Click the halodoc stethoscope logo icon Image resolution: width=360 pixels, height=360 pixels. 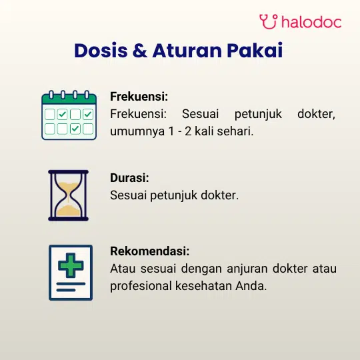pyautogui.click(x=269, y=21)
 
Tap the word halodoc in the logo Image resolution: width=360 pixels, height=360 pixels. pyautogui.click(x=311, y=22)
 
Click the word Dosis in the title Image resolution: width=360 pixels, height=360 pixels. pyautogui.click(x=101, y=51)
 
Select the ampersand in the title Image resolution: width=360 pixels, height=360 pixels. pyautogui.click(x=140, y=51)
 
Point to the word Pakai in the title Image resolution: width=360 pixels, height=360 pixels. pyautogui.click(x=255, y=51)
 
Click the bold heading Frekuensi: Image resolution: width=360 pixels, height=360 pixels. pyautogui.click(x=139, y=97)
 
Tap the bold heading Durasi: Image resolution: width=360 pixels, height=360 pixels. pyautogui.click(x=129, y=178)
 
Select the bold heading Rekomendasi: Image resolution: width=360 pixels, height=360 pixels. pyautogui.click(x=150, y=251)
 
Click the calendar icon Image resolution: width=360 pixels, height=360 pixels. pyautogui.click(x=69, y=115)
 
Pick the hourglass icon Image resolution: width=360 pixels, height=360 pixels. pyautogui.click(x=69, y=195)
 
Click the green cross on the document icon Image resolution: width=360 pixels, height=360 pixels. pyautogui.click(x=71, y=265)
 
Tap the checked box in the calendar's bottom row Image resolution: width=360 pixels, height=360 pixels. pyautogui.click(x=75, y=129)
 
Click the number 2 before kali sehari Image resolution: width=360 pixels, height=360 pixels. pyautogui.click(x=188, y=131)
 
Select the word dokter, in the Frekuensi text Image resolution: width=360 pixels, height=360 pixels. pyautogui.click(x=317, y=114)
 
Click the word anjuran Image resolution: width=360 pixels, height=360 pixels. pyautogui.click(x=247, y=269)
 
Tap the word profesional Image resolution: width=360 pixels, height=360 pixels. pyautogui.click(x=141, y=286)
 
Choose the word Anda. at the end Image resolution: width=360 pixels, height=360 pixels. pyautogui.click(x=251, y=286)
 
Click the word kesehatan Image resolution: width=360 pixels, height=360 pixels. pyautogui.click(x=203, y=286)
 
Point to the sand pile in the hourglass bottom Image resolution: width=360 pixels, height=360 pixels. pyautogui.click(x=68, y=211)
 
